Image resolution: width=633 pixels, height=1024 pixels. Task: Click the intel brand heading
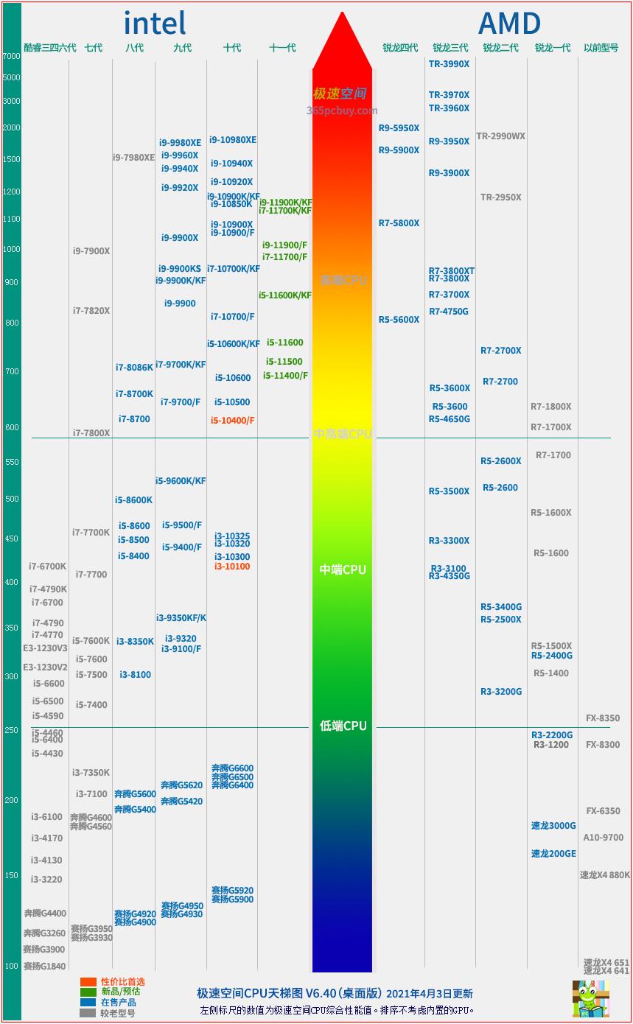(x=155, y=23)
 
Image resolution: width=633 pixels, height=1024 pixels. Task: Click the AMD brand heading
(x=509, y=24)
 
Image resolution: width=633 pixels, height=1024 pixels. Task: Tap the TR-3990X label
(x=449, y=64)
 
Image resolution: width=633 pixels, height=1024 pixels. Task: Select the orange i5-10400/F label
(x=232, y=421)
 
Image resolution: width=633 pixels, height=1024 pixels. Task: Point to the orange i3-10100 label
(x=232, y=567)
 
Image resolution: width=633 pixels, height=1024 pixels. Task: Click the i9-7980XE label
(x=133, y=158)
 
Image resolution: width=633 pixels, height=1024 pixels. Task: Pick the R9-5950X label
(x=399, y=128)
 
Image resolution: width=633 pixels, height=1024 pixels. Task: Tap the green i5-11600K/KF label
(x=285, y=295)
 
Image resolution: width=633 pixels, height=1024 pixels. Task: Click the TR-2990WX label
(x=500, y=136)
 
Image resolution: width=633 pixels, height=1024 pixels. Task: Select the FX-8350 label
(x=602, y=718)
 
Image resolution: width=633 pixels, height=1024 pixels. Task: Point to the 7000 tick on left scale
(x=11, y=56)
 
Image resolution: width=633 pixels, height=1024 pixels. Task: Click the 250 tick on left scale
(x=11, y=730)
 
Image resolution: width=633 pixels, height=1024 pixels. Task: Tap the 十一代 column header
(x=282, y=48)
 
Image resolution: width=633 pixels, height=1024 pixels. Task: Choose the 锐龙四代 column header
(x=399, y=48)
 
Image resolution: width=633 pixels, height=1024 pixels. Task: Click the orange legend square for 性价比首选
(x=88, y=982)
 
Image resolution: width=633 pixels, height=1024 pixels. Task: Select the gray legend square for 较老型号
(x=88, y=1013)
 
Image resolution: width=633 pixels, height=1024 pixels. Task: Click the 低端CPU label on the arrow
(x=343, y=726)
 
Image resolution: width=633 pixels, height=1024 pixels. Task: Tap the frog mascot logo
(x=590, y=998)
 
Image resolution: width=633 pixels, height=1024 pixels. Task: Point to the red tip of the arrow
(x=342, y=22)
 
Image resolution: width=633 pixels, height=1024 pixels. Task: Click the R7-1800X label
(x=550, y=407)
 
